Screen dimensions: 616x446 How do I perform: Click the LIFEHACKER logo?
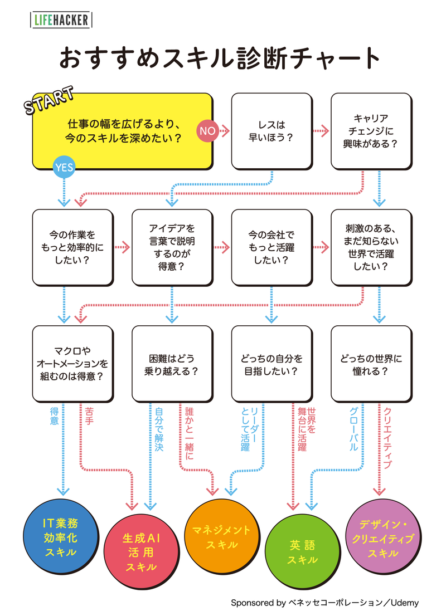click(61, 21)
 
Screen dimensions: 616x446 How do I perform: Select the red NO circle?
click(207, 131)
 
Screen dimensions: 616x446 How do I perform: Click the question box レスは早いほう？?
click(271, 131)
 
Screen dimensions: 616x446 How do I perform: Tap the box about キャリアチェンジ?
click(371, 131)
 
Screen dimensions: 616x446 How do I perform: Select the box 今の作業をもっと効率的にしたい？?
click(72, 247)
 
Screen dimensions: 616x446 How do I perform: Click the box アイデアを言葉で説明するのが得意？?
click(172, 247)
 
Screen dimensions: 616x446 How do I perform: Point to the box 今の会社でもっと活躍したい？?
click(271, 247)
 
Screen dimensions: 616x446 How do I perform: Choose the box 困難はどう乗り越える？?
click(172, 364)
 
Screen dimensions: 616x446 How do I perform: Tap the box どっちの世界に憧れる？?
click(371, 364)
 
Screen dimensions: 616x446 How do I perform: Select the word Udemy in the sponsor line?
click(405, 603)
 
